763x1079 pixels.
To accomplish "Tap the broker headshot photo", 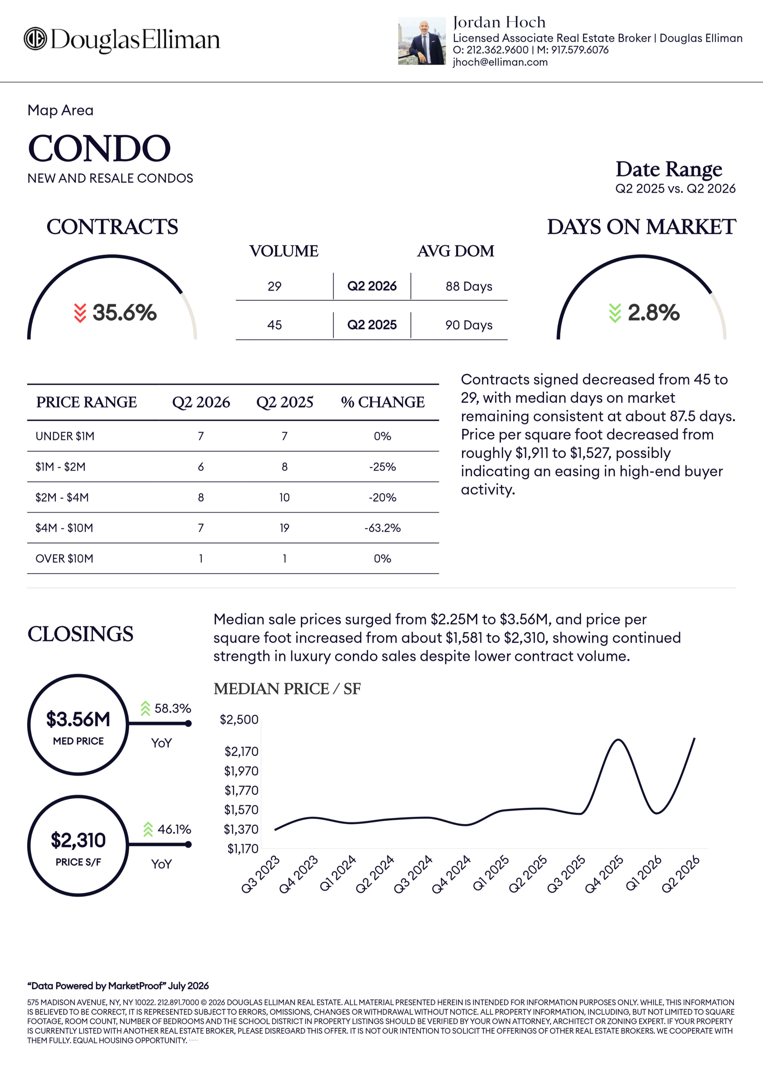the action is [x=422, y=41].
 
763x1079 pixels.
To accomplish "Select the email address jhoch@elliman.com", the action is [x=500, y=62].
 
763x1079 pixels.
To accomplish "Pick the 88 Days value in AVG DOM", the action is [x=469, y=286].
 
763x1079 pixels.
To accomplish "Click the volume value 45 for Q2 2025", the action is [x=275, y=325].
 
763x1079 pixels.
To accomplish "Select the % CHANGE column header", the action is [x=383, y=402].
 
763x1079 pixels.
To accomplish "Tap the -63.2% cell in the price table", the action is [x=383, y=528].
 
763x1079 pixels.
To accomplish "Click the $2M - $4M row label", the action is [x=62, y=497].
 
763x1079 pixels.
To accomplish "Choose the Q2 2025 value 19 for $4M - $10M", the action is [x=285, y=528].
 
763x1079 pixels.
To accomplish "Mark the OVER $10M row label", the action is [x=64, y=558].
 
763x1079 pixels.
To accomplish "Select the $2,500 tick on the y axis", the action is [x=239, y=720].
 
